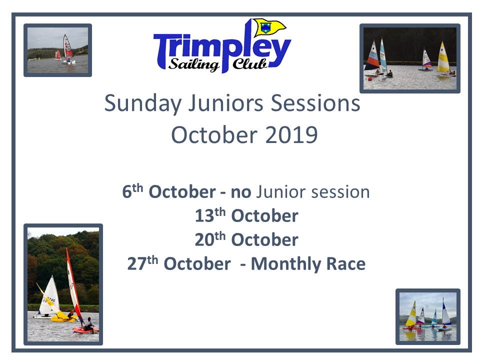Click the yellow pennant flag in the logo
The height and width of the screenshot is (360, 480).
(269, 27)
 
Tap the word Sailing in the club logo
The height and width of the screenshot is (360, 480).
(194, 64)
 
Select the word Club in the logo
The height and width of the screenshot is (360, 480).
(249, 63)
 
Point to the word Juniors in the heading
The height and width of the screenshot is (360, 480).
(225, 103)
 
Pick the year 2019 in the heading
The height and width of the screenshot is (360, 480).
(291, 135)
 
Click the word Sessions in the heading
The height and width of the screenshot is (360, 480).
(315, 103)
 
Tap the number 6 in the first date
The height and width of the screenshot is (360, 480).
(126, 192)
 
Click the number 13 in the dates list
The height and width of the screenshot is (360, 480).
(204, 216)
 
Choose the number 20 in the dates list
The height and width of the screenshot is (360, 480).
(204, 239)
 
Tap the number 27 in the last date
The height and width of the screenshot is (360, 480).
(137, 264)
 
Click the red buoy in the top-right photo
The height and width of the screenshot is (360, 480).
(370, 78)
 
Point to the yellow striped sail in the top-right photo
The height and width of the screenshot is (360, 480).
(443, 57)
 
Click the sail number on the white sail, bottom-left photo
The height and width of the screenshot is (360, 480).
(49, 300)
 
